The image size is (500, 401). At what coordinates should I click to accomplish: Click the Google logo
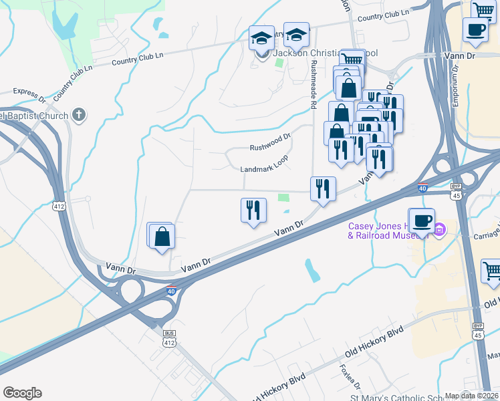(x=22, y=393)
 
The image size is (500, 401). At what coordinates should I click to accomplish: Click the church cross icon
(x=79, y=115)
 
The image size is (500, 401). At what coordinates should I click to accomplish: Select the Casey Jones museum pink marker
(x=439, y=232)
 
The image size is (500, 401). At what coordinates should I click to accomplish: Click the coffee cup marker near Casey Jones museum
(x=421, y=221)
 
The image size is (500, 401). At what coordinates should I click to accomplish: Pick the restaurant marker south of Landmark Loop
(x=253, y=211)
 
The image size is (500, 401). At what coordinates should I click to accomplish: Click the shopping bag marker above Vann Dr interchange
(x=162, y=236)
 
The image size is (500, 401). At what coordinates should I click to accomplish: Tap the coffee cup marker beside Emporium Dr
(x=475, y=30)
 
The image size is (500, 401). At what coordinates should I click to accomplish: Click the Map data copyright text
(x=471, y=396)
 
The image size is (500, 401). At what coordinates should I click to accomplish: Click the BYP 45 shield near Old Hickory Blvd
(x=478, y=329)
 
